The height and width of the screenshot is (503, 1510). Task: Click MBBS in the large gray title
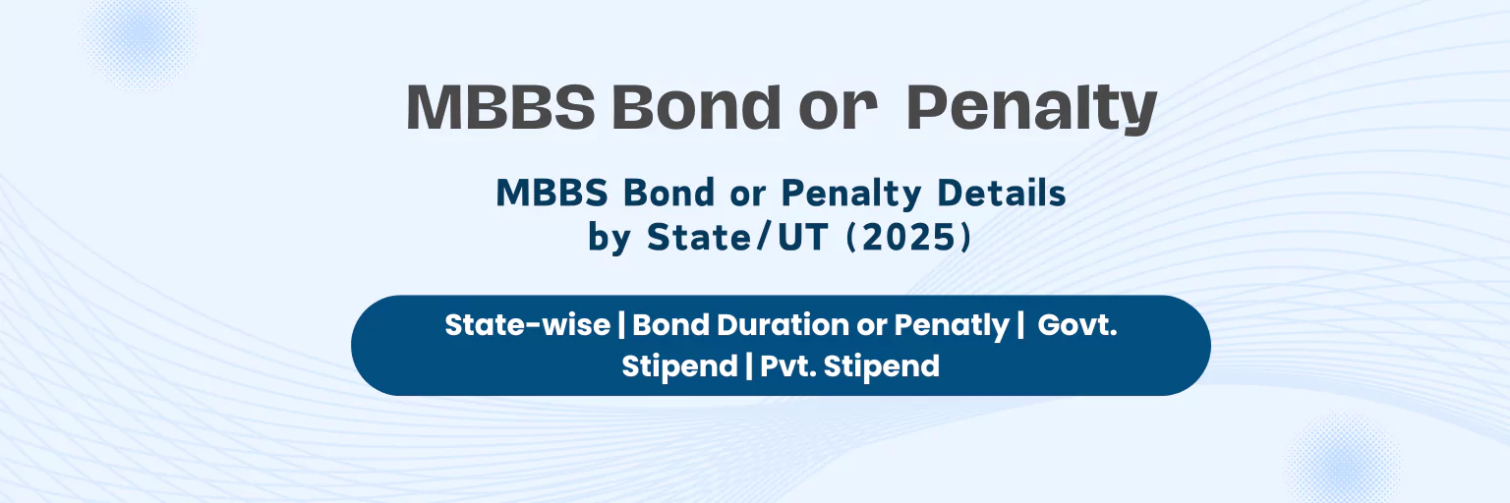point(500,108)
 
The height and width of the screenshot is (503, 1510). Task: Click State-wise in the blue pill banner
point(527,325)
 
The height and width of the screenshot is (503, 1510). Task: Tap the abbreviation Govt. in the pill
point(1077,325)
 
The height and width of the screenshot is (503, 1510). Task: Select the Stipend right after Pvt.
point(882,366)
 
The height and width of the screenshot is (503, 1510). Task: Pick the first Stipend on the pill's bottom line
point(679,366)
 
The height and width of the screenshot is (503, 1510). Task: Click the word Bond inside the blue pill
point(669,325)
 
